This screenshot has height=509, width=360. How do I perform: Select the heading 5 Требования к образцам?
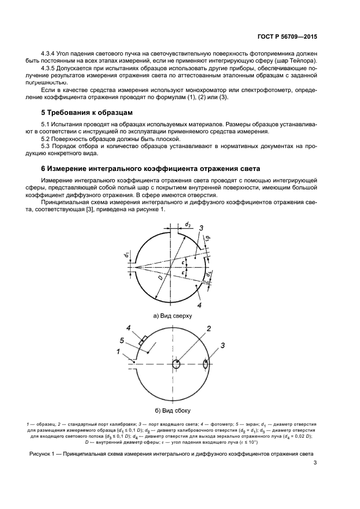(x=87, y=113)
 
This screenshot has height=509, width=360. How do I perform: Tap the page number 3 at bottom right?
(x=315, y=463)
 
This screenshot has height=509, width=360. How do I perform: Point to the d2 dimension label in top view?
(x=187, y=224)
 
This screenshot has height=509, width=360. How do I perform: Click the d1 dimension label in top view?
(x=125, y=254)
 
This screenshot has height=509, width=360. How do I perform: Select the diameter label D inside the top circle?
(x=161, y=278)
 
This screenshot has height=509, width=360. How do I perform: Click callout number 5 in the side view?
(x=123, y=341)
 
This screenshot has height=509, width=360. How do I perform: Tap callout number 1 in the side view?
(x=118, y=352)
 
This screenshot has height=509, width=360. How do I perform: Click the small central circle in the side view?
(x=176, y=364)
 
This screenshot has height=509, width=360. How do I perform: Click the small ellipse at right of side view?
(x=205, y=364)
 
